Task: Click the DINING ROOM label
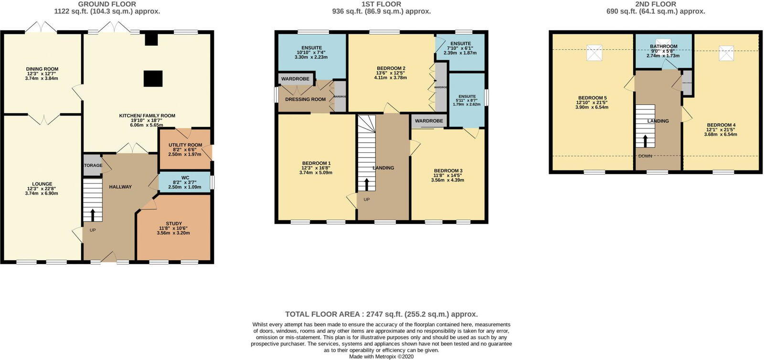(42, 69)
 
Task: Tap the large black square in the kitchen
(153, 79)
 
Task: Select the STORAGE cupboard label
(93, 166)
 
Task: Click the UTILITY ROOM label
(185, 145)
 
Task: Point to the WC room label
(185, 178)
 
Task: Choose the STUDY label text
(174, 223)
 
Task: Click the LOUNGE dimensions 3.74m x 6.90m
(42, 193)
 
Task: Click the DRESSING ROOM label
(305, 99)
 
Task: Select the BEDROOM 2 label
(391, 68)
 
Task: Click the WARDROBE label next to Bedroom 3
(429, 121)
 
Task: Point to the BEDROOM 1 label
(316, 163)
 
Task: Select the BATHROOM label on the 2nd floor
(663, 46)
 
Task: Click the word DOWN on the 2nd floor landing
(645, 156)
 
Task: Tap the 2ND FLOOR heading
(656, 4)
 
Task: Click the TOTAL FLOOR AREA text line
(381, 314)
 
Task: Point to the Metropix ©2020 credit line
(381, 356)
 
